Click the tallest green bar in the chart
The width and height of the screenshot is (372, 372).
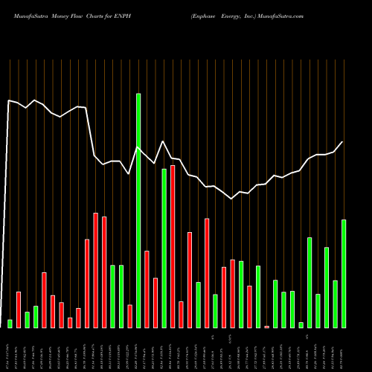pos(138,210)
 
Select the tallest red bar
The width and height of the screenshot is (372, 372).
pos(173,246)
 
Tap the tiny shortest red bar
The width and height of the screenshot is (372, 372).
pos(266,327)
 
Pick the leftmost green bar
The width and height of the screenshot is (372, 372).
pos(10,324)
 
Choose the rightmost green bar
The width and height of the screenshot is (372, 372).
pos(344,273)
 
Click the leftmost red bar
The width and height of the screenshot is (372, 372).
pos(19,310)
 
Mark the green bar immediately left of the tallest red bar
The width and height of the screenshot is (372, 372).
pos(164,248)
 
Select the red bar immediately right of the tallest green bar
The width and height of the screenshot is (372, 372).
pos(147,289)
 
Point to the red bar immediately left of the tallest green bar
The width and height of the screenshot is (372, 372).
pos(129,316)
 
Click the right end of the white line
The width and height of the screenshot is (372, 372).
pos(343,142)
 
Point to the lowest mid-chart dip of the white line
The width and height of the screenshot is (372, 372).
pos(232,199)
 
